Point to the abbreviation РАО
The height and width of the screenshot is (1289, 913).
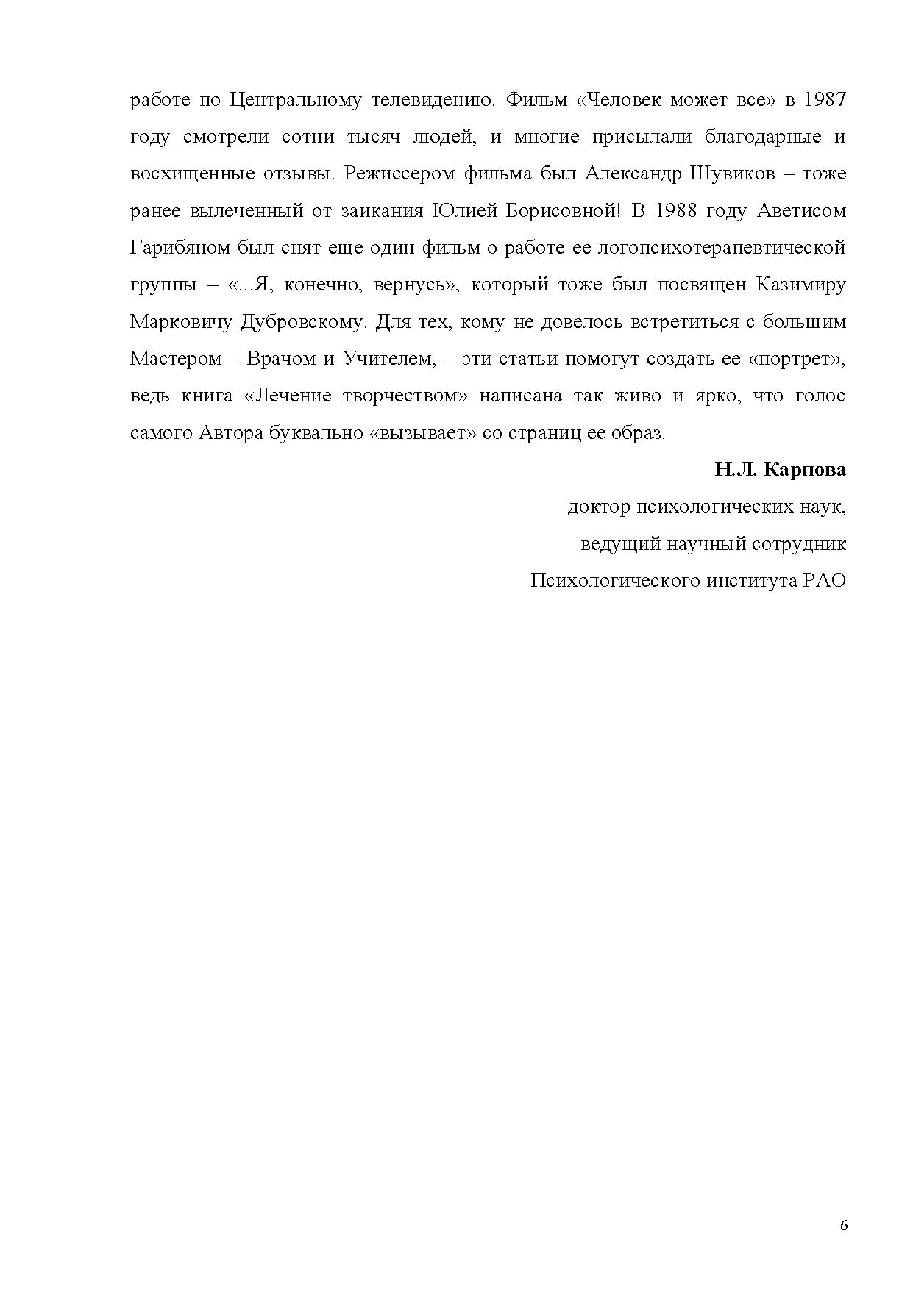coord(824,581)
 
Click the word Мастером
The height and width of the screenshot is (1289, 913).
coord(175,359)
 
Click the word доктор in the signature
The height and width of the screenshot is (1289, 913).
coord(599,507)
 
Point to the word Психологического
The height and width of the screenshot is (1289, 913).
coord(615,581)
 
